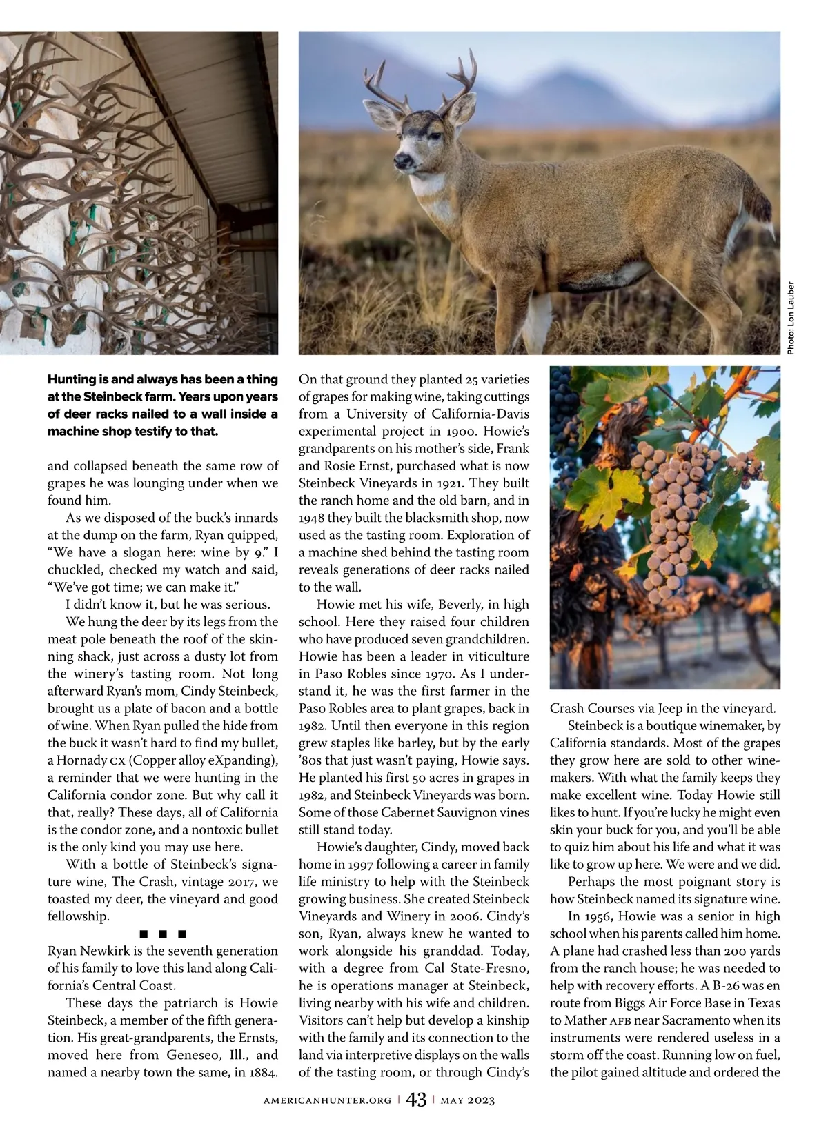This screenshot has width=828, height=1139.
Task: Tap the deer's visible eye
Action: pyautogui.click(x=420, y=130)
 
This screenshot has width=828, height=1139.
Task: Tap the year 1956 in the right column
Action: pyautogui.click(x=596, y=916)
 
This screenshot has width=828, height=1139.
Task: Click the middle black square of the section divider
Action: pyautogui.click(x=163, y=934)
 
